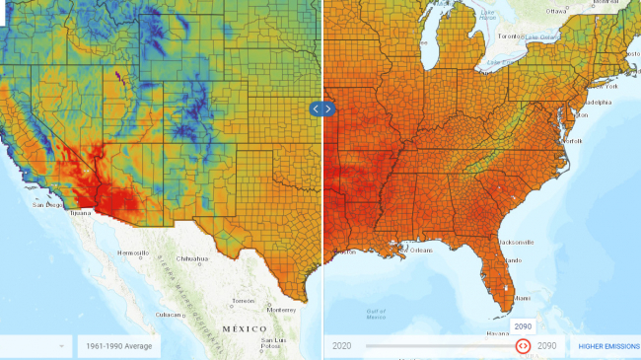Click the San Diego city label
pyautogui.click(x=47, y=204)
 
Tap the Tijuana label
pyautogui.click(x=80, y=212)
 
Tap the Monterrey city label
pyautogui.click(x=281, y=309)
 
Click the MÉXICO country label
pyautogui.click(x=246, y=328)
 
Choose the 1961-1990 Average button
pyautogui.click(x=117, y=346)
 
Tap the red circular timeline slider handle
pyautogui.click(x=523, y=346)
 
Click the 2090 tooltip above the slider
pyautogui.click(x=523, y=325)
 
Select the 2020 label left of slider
pyautogui.click(x=342, y=346)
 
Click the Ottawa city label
pyautogui.click(x=557, y=11)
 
